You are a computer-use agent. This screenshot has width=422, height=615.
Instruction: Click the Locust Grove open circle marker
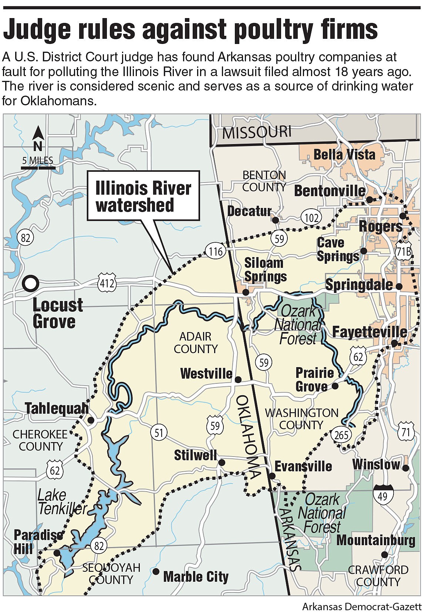click(x=30, y=284)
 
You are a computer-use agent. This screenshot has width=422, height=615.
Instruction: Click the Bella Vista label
click(x=344, y=154)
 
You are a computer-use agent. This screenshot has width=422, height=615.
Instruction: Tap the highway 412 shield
click(x=107, y=283)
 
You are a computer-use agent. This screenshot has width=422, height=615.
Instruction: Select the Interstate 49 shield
click(x=382, y=495)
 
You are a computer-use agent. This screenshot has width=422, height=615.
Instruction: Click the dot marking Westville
click(x=238, y=379)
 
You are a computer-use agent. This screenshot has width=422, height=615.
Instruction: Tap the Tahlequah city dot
click(x=91, y=420)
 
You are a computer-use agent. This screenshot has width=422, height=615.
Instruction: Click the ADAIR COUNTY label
click(x=195, y=342)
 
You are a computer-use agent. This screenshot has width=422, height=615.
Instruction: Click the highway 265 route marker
click(x=341, y=435)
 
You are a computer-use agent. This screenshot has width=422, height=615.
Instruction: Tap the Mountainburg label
click(x=375, y=540)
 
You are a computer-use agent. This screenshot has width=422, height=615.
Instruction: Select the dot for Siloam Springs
click(x=245, y=293)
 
